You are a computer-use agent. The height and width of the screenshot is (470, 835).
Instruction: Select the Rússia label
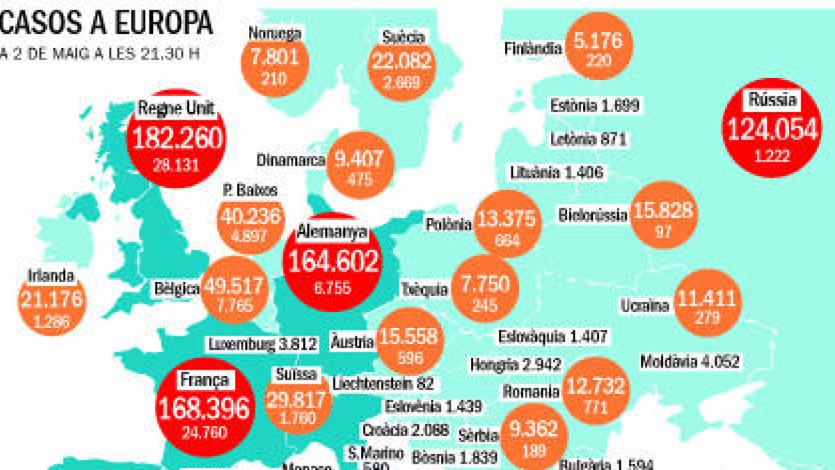(772, 100)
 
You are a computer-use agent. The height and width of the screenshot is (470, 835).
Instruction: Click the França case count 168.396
(203, 409)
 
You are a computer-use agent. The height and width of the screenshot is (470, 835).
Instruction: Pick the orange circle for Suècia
(402, 58)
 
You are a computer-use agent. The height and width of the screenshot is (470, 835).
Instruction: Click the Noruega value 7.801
(274, 56)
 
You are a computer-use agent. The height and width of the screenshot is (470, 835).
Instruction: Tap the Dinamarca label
(291, 160)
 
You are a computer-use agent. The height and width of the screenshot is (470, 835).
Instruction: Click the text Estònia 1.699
(594, 106)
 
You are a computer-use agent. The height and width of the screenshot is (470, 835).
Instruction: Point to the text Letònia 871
(589, 139)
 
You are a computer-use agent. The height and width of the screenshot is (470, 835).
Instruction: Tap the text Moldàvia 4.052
(690, 361)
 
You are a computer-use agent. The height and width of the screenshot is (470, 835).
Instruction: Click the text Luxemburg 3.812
(262, 344)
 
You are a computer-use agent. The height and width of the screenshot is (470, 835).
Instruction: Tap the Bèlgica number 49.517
(232, 286)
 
